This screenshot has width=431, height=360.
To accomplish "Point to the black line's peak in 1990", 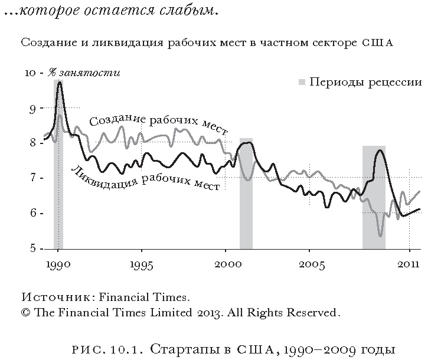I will point(59,82).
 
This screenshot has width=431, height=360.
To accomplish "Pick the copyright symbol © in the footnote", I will point(25,312).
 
